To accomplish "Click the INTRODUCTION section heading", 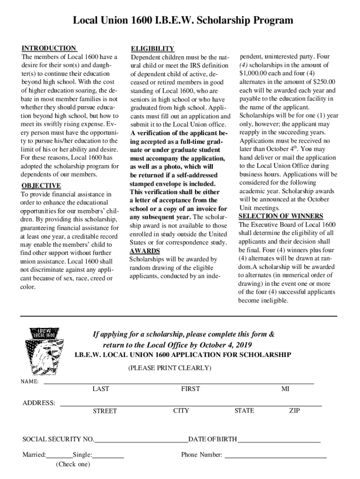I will coord(49,48).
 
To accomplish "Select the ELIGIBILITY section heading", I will coord(152,49).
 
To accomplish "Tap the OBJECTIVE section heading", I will coord(41,185).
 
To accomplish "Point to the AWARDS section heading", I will coord(144,251).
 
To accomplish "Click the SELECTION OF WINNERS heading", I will coord(281,216).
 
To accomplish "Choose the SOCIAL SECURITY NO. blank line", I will coord(141,440).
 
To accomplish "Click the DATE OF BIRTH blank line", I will coord(279,440).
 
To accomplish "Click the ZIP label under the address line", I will coord(295,411).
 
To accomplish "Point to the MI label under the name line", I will coord(285,389).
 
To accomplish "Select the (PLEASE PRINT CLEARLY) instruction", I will coord(170,368).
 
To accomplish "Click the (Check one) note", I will coord(72,464).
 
